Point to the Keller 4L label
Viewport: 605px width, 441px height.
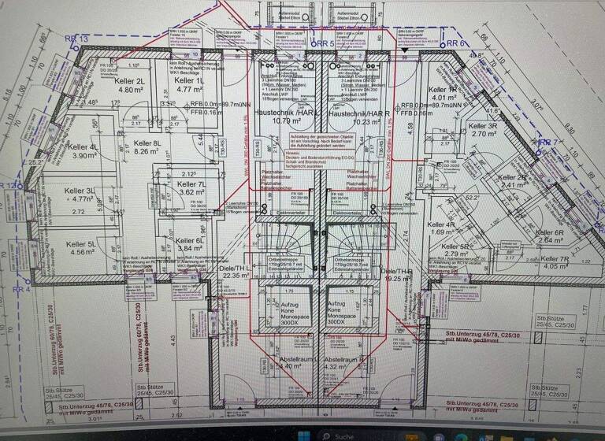[x=82, y=147]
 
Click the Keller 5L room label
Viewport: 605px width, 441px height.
[x=81, y=244]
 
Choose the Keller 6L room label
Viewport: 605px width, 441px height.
[x=191, y=241]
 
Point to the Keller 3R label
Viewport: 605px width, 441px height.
[x=482, y=126]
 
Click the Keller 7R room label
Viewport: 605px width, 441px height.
[x=554, y=259]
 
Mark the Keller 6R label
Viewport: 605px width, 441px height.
[x=549, y=233]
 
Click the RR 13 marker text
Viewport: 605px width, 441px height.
[x=77, y=39]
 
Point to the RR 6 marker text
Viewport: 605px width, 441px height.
[x=457, y=44]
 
